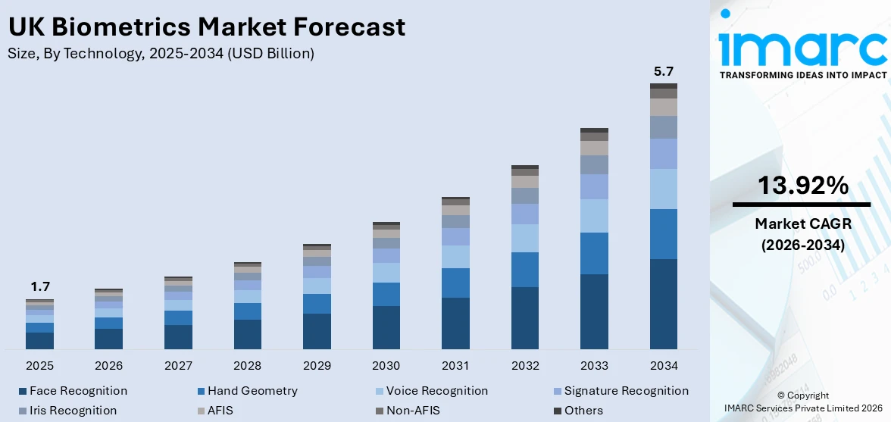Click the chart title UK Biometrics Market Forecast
[206, 27]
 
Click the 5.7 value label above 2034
[663, 71]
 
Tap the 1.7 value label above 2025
[39, 286]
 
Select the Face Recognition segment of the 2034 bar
[663, 303]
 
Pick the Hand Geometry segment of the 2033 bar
[594, 253]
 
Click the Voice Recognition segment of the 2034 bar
[663, 189]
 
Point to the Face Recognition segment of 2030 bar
[386, 327]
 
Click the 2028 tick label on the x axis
[248, 366]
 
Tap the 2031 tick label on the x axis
[455, 366]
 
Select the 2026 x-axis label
[109, 366]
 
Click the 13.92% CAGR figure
[802, 185]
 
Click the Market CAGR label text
[802, 224]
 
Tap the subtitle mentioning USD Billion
[161, 53]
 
